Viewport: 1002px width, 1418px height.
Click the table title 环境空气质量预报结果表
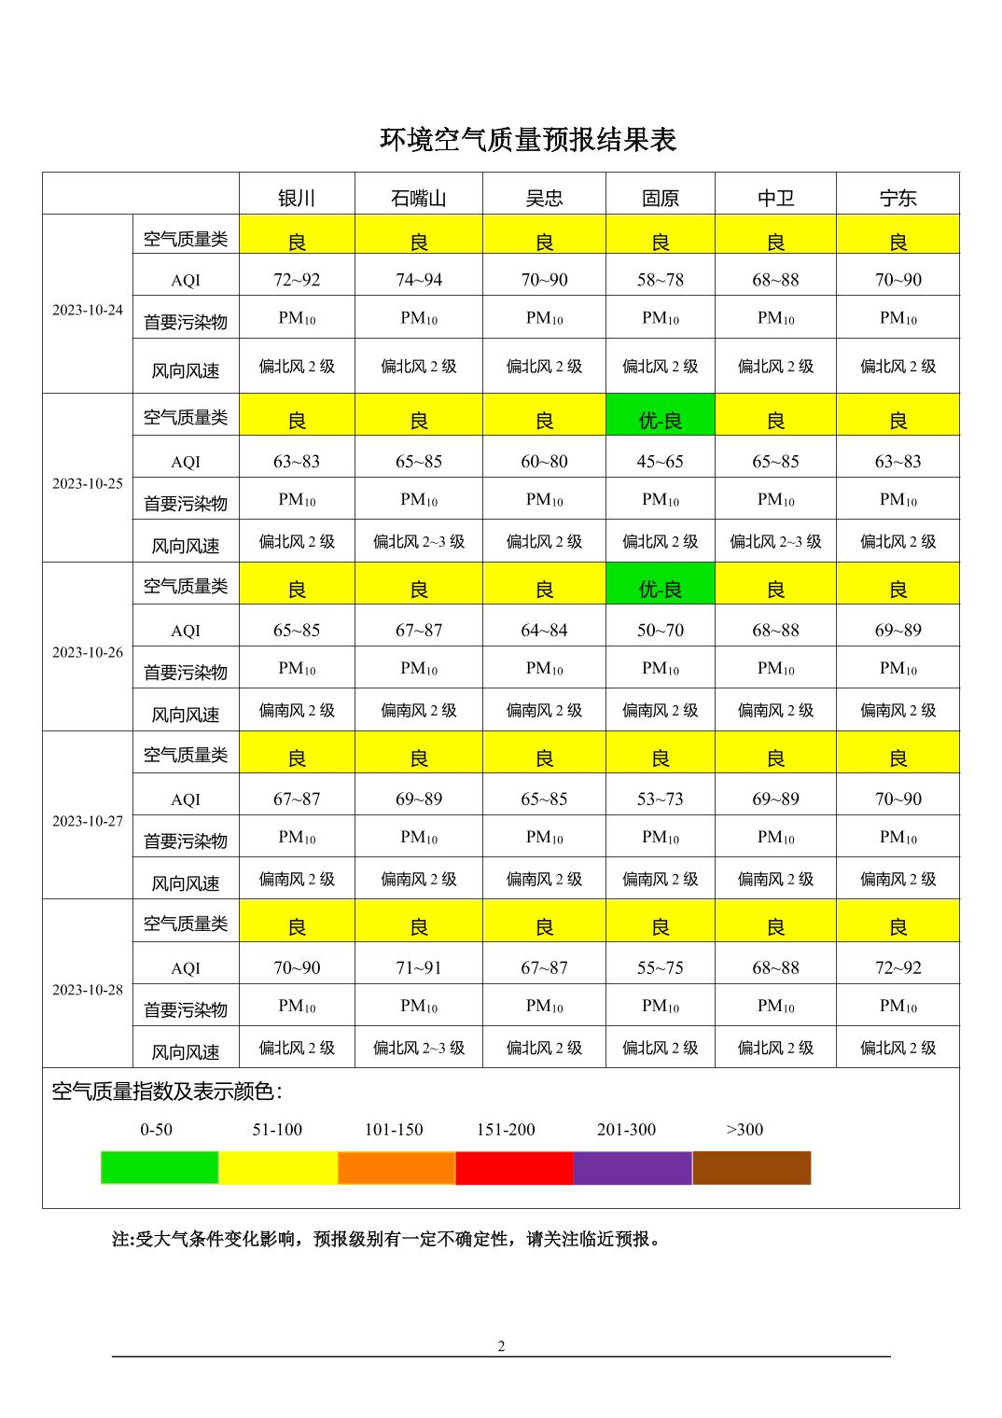527,140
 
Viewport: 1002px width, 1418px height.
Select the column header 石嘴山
418,198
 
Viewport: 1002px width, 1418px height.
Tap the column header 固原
660,198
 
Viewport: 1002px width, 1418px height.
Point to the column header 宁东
898,198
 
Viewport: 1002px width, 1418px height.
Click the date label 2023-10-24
88,310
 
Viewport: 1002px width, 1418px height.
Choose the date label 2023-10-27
88,821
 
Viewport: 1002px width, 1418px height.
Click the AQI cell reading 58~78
660,280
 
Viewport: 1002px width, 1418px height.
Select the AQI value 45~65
660,461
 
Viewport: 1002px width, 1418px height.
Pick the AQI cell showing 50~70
660,630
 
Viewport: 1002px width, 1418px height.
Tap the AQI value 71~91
418,967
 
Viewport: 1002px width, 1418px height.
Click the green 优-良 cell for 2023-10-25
660,421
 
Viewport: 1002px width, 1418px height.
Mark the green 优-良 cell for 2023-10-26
660,590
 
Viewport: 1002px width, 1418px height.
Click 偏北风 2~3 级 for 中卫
775,541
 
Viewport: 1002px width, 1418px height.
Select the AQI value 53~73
660,799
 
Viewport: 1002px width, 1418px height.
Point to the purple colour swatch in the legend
633,1167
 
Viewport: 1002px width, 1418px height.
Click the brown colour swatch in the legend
751,1167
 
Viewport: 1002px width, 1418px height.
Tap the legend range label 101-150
393,1130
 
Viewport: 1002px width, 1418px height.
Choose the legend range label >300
745,1130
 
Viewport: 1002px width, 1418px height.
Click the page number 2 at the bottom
501,1345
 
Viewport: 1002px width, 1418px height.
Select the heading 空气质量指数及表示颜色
167,1091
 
